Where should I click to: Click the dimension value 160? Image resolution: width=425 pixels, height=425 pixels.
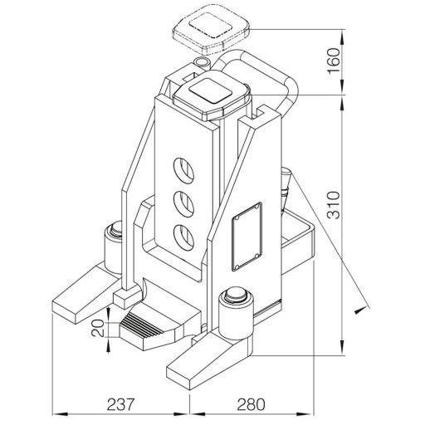pyautogui.click(x=333, y=61)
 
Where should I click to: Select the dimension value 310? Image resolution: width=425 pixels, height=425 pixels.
pyautogui.click(x=333, y=205)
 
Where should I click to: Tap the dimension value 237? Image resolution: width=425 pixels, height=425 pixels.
pyautogui.click(x=120, y=404)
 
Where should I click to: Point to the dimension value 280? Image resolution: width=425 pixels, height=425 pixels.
pyautogui.click(x=251, y=404)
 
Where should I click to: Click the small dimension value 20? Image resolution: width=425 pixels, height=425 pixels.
pyautogui.click(x=98, y=328)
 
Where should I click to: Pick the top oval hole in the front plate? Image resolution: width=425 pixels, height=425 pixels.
pyautogui.click(x=183, y=171)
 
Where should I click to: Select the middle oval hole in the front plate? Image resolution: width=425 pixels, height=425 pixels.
pyautogui.click(x=183, y=204)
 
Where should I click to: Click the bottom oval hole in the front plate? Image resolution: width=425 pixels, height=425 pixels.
pyautogui.click(x=183, y=237)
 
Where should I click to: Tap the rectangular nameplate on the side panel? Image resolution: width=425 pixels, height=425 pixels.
pyautogui.click(x=247, y=237)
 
